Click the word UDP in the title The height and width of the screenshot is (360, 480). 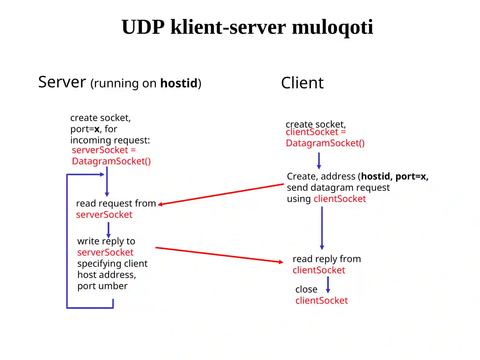[x=143, y=27]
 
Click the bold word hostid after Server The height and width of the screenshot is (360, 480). [x=179, y=83]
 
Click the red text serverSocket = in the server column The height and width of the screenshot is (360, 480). [x=104, y=150]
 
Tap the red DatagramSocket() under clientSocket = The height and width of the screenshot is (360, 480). [x=325, y=143]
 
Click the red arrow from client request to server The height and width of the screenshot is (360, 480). [x=220, y=194]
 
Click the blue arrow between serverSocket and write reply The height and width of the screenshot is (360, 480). [x=108, y=230]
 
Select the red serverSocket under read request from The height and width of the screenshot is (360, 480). [x=104, y=214]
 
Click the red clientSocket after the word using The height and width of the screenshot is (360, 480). [x=339, y=198]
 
